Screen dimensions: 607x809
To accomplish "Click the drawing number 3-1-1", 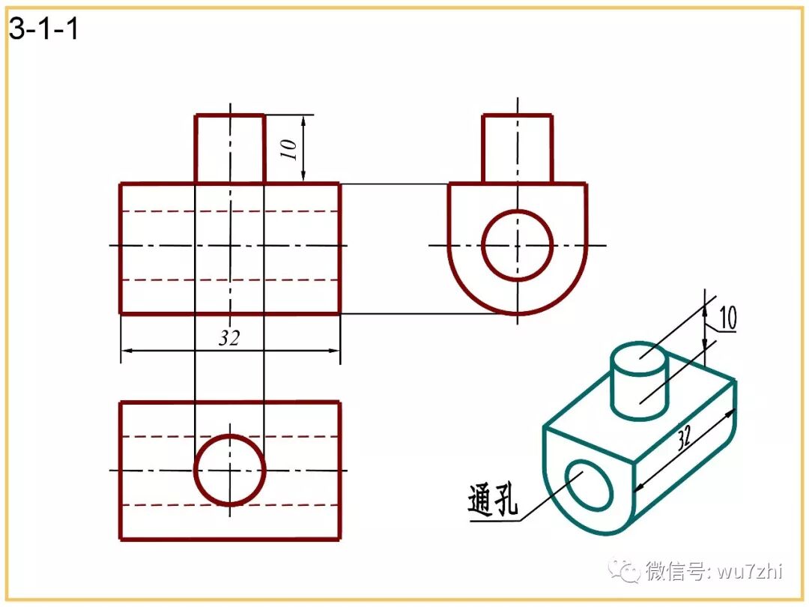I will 43,30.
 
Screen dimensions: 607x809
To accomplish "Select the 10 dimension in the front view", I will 292,148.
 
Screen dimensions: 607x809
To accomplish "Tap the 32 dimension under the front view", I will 229,338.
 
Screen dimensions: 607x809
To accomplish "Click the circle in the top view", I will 230,470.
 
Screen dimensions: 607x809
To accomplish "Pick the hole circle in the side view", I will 517,244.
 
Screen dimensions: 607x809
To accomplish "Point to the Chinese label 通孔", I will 492,500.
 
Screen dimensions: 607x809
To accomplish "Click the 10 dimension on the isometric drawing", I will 727,318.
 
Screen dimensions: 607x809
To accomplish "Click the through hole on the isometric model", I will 590,484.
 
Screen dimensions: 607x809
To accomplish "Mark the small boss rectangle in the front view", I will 230,148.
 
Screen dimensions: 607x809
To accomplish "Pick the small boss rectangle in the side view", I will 517,148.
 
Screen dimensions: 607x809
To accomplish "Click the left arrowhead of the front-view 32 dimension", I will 126,350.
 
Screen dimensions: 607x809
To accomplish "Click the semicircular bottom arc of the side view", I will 517,312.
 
